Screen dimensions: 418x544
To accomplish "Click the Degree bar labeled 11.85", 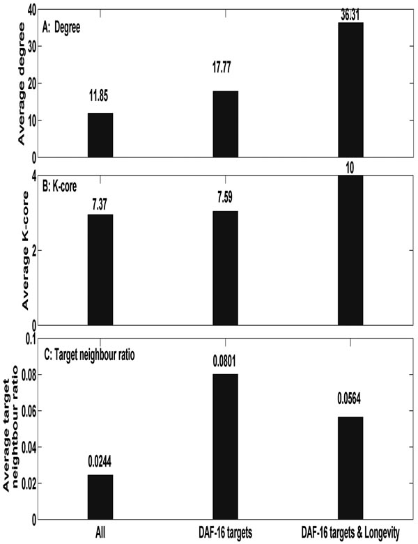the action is coord(100,135).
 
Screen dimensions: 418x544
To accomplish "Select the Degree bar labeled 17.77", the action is coord(226,124).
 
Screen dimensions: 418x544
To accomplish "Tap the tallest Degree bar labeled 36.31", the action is coord(350,90).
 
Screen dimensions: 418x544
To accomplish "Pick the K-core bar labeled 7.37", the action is coord(100,270).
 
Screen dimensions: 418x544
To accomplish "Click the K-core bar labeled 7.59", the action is coord(226,268).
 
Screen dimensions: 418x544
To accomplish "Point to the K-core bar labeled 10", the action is coord(350,250).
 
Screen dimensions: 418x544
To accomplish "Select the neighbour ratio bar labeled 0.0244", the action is coord(100,497).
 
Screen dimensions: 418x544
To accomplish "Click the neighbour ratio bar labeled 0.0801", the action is coord(226,446).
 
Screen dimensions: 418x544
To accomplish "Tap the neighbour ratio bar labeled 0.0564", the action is coord(350,468).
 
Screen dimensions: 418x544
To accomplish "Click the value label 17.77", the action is coord(222,68).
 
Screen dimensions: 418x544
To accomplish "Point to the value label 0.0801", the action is coord(224,362).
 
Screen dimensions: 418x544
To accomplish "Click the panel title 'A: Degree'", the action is coord(61,28).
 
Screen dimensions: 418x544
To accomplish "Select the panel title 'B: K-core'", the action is coord(59,186).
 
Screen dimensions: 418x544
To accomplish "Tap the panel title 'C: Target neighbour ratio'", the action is coord(89,355).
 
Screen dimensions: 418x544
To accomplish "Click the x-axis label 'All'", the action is coord(100,532).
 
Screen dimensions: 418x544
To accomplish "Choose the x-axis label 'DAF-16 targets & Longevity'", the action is coord(350,532).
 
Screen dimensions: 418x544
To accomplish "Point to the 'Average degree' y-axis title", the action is coord(22,84).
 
